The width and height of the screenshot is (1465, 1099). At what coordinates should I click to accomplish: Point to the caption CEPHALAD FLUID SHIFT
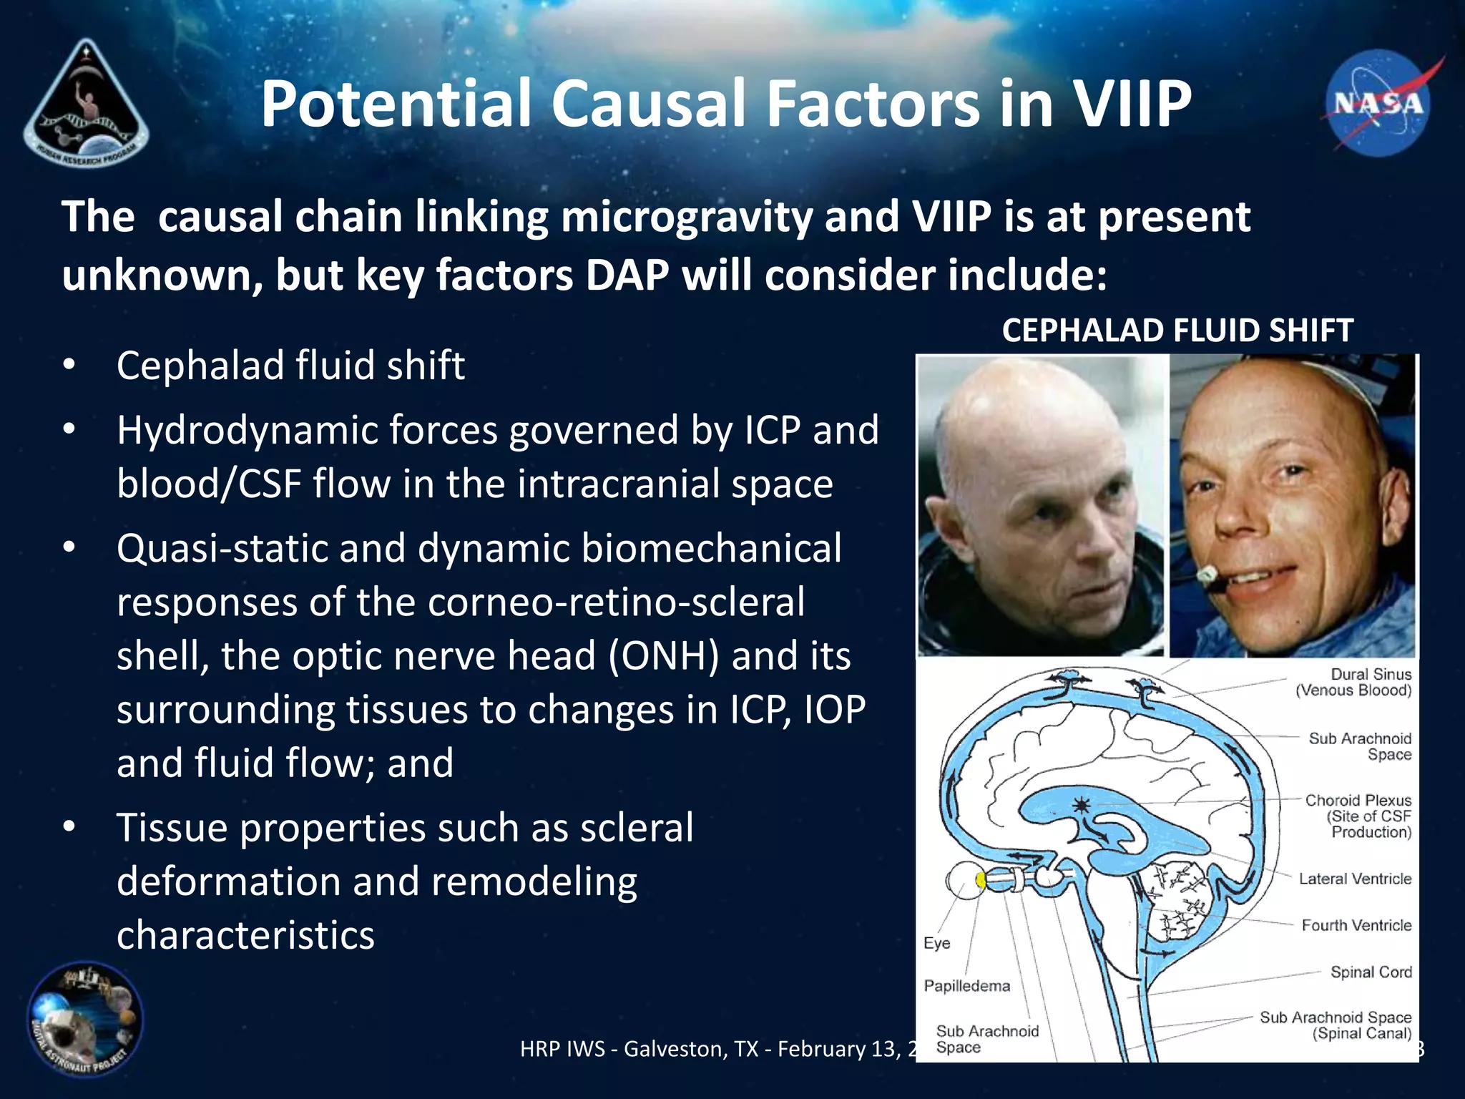pos(1177,331)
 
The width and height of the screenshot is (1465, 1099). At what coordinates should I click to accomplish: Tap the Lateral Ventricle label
pos(1355,879)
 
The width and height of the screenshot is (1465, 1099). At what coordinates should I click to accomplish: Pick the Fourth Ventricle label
pos(1356,925)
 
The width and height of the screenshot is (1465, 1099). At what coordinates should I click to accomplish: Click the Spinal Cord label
pos(1371,972)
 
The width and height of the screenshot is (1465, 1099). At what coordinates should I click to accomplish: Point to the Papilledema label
pos(966,986)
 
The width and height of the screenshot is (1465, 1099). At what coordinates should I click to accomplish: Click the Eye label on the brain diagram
pos(936,943)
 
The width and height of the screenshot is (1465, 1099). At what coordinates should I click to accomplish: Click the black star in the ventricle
pos(1081,806)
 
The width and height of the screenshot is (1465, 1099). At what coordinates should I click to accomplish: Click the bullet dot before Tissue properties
pos(69,826)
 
